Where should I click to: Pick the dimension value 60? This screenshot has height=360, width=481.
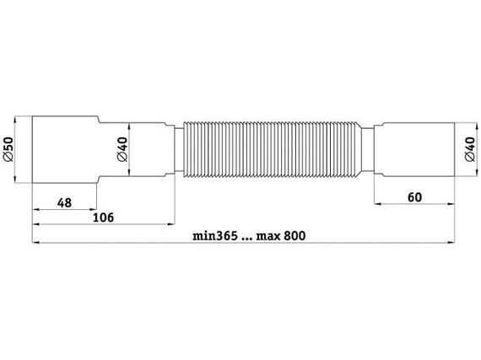[413, 198]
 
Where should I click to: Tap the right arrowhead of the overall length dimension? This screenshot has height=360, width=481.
[451, 243]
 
